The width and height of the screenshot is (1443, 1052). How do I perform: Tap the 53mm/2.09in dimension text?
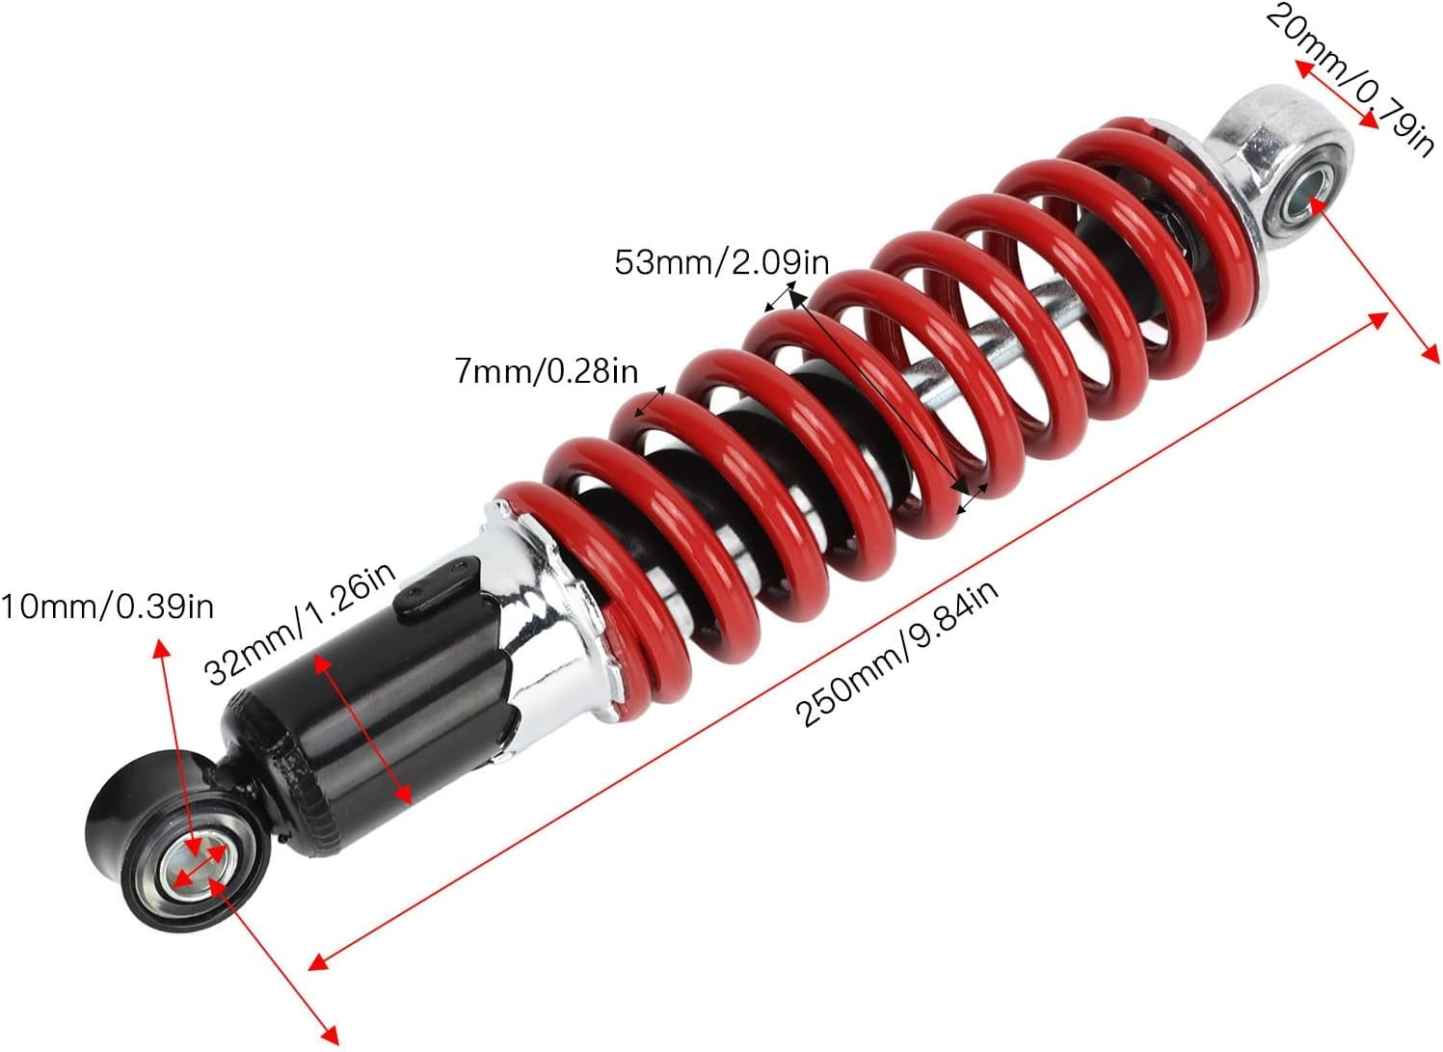tap(721, 261)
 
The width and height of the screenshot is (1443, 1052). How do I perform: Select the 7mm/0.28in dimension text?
tap(546, 370)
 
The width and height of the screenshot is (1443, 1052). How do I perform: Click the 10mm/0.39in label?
tap(107, 607)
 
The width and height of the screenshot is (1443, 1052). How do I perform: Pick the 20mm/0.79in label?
tap(1349, 77)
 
